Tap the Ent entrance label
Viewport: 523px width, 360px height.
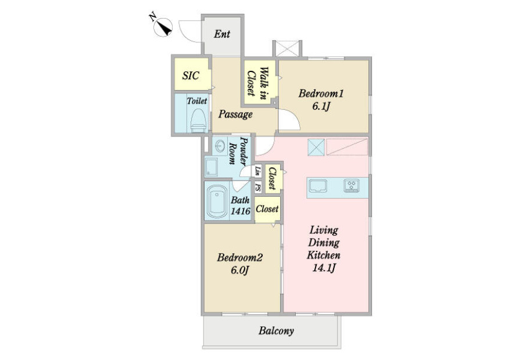click(x=222, y=34)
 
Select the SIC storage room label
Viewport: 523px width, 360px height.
click(x=191, y=75)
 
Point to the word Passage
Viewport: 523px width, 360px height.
click(x=235, y=114)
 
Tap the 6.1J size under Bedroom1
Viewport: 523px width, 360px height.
click(x=321, y=106)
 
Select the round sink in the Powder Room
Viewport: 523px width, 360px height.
click(x=220, y=146)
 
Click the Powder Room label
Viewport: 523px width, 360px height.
click(x=239, y=151)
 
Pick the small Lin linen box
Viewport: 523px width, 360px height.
click(x=258, y=171)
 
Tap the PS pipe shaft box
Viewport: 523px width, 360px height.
click(x=258, y=187)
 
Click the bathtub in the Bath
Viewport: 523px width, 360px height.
click(x=217, y=201)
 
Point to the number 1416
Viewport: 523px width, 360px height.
click(x=241, y=211)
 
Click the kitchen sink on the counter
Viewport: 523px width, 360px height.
click(x=318, y=186)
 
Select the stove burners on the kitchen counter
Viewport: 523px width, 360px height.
click(x=352, y=186)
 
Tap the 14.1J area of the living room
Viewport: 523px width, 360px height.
click(x=324, y=268)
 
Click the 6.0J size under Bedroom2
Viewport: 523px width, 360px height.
click(x=240, y=270)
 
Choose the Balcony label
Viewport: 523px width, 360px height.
click(x=276, y=330)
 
